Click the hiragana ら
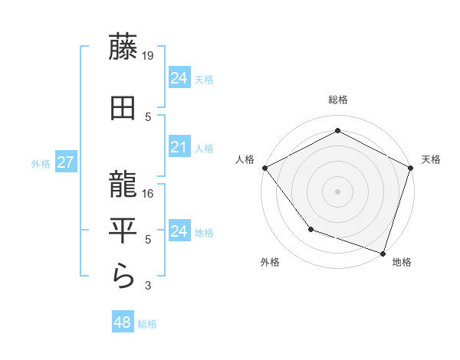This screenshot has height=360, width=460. [123, 275]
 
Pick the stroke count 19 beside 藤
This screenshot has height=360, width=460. [149, 56]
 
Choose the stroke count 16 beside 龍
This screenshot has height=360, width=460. [149, 193]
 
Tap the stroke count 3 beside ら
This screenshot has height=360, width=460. [149, 286]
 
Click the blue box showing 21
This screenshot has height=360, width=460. [179, 147]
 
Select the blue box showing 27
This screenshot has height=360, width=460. [65, 162]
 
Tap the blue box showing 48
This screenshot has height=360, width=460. [122, 322]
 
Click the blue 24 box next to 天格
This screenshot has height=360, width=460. [179, 78]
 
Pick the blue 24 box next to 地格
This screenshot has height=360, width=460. [179, 231]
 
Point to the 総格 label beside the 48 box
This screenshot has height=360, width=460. [147, 324]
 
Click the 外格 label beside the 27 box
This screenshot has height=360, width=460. [41, 163]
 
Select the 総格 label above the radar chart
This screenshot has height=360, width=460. [337, 100]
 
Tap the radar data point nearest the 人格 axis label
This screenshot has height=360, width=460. [264, 168]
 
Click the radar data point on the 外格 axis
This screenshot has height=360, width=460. [310, 229]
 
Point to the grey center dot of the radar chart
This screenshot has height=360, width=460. [337, 191]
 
